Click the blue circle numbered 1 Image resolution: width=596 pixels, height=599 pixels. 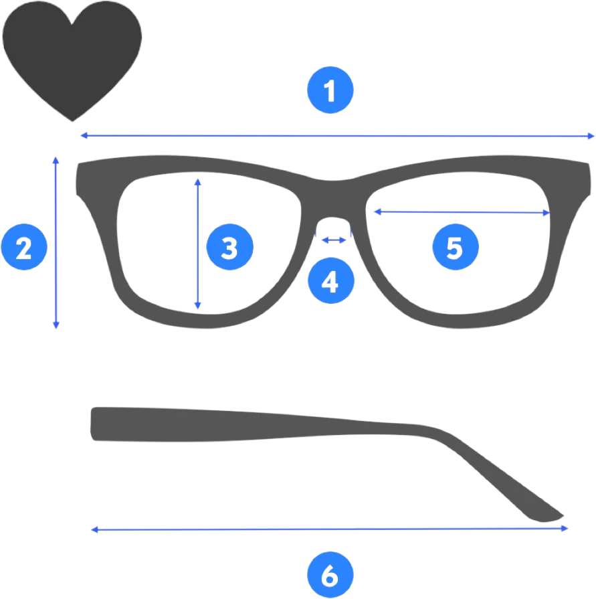point(330,90)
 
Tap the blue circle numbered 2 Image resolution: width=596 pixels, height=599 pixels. point(24,247)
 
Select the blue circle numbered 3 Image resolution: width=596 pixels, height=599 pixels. point(230,247)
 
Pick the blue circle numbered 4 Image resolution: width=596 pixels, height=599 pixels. point(331,281)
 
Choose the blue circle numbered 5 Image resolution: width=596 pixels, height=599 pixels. point(456,247)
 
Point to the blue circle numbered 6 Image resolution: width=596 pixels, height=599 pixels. point(330,574)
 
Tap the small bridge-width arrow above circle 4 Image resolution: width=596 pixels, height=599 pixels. point(334,240)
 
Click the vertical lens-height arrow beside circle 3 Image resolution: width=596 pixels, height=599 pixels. point(198,244)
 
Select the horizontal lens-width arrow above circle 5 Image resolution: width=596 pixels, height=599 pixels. point(462,212)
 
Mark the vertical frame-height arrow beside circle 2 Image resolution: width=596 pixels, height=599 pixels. point(56,243)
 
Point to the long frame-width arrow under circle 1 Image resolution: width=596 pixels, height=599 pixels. point(338,136)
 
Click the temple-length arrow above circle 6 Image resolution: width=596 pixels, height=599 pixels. point(330,529)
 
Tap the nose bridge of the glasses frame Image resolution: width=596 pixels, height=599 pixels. point(332,199)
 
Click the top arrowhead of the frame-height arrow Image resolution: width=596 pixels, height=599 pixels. point(56,160)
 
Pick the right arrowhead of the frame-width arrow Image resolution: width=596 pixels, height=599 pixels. point(591,136)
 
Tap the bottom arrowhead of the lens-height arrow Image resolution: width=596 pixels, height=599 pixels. point(198,306)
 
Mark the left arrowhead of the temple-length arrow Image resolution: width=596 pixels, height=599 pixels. point(95,529)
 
